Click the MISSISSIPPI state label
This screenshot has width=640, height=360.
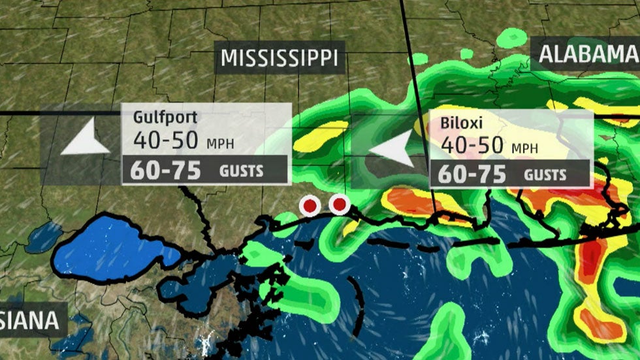[280, 58]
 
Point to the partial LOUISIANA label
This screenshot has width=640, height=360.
[30, 321]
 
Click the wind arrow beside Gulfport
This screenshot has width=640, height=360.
[85, 139]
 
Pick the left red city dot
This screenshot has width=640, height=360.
[310, 206]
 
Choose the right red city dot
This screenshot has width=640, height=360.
[339, 205]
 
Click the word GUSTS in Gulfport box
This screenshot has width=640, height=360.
[242, 171]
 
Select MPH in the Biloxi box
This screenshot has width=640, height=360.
[524, 149]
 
